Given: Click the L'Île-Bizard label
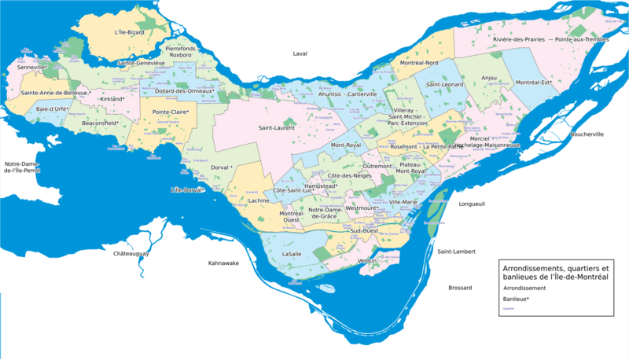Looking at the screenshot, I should pyautogui.click(x=130, y=32).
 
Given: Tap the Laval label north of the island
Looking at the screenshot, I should pyautogui.click(x=300, y=53).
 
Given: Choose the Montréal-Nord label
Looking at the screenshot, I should pyautogui.click(x=418, y=62).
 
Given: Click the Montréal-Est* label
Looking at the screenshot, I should pyautogui.click(x=535, y=83).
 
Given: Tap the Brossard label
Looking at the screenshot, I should pyautogui.click(x=460, y=288).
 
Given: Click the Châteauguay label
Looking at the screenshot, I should pyautogui.click(x=131, y=254).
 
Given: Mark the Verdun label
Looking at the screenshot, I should pyautogui.click(x=367, y=260).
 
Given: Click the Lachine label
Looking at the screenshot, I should pyautogui.click(x=258, y=201).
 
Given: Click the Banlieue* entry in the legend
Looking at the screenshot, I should pyautogui.click(x=517, y=299).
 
